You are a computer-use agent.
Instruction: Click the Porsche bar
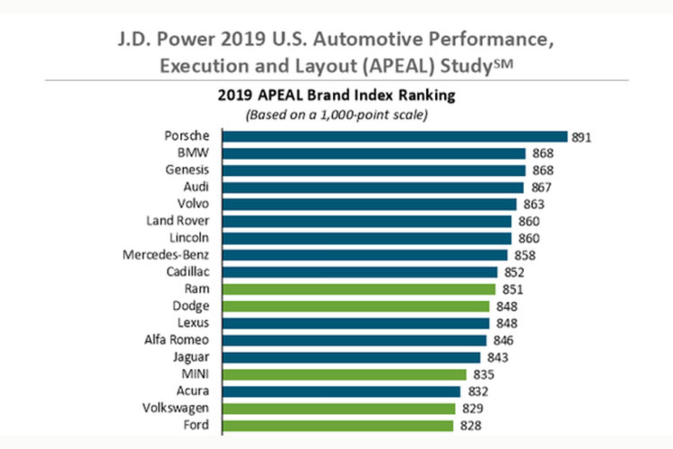pyautogui.click(x=394, y=136)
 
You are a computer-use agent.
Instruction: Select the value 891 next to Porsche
pyautogui.click(x=581, y=137)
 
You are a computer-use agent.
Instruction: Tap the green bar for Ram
pyautogui.click(x=359, y=289)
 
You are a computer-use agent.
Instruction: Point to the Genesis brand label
pyautogui.click(x=187, y=170)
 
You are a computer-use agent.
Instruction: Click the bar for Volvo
pyautogui.click(x=369, y=204)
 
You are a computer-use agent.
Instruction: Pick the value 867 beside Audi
pyautogui.click(x=541, y=187)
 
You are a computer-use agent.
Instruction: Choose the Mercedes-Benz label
pyautogui.click(x=165, y=255)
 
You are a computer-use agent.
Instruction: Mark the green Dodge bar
pyautogui.click(x=355, y=306)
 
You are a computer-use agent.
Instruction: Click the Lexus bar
pyautogui.click(x=355, y=323)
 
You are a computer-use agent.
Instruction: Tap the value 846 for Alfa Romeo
pyautogui.click(x=503, y=340)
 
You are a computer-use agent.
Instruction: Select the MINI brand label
pyautogui.click(x=195, y=374)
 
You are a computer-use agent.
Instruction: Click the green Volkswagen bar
pyautogui.click(x=339, y=408)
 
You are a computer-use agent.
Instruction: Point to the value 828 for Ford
pyautogui.click(x=470, y=425)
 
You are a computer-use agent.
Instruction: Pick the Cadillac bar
pyautogui.click(x=360, y=272)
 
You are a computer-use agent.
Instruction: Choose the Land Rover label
pyautogui.click(x=177, y=221)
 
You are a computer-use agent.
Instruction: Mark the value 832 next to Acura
pyautogui.click(x=478, y=391)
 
